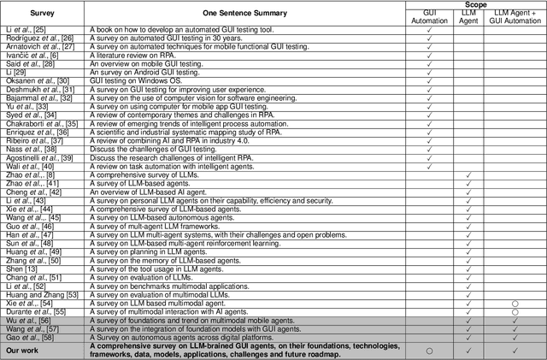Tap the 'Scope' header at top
pyautogui.click(x=474, y=4)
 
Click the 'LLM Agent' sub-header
pyautogui.click(x=468, y=18)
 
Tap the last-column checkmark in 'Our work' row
pyautogui.click(x=515, y=350)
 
